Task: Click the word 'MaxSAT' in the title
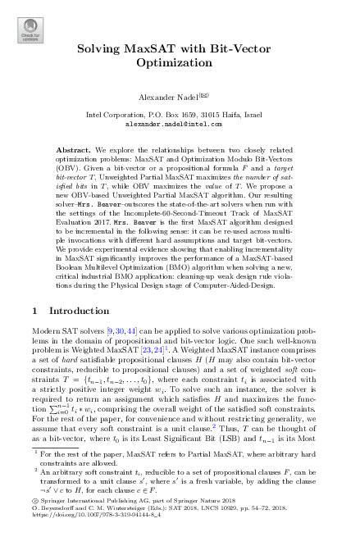(168, 49)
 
